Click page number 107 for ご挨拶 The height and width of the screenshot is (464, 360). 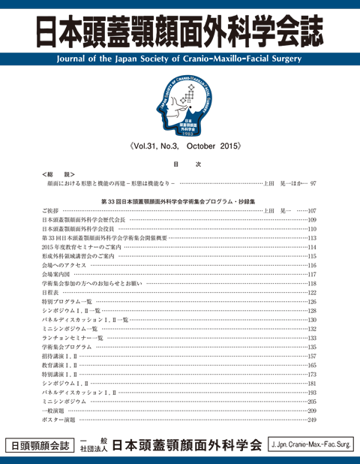(x=312, y=211)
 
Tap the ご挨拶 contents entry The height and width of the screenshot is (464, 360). (x=50, y=211)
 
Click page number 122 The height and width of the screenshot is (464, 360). (x=312, y=293)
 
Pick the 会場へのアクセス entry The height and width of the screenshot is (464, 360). (x=64, y=265)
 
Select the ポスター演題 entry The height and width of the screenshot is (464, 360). (x=59, y=420)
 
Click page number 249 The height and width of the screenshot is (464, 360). (x=312, y=420)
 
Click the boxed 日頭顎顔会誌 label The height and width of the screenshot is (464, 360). (x=38, y=444)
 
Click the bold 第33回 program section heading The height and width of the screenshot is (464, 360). (x=180, y=201)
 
